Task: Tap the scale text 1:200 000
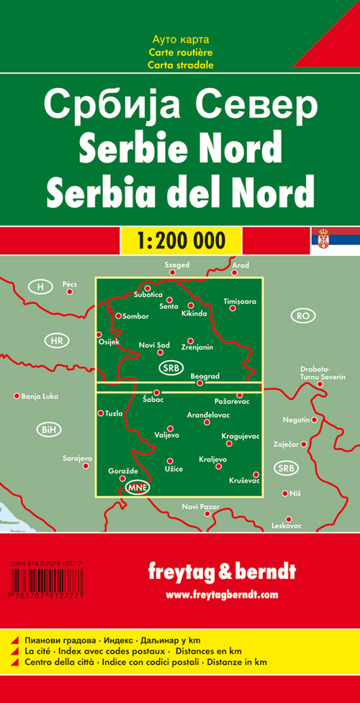(179, 239)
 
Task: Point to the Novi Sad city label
(154, 346)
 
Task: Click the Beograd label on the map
(204, 376)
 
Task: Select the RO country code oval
(302, 315)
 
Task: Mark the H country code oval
(41, 287)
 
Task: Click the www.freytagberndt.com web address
(221, 595)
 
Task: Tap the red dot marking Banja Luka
(17, 395)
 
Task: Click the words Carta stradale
(181, 65)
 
